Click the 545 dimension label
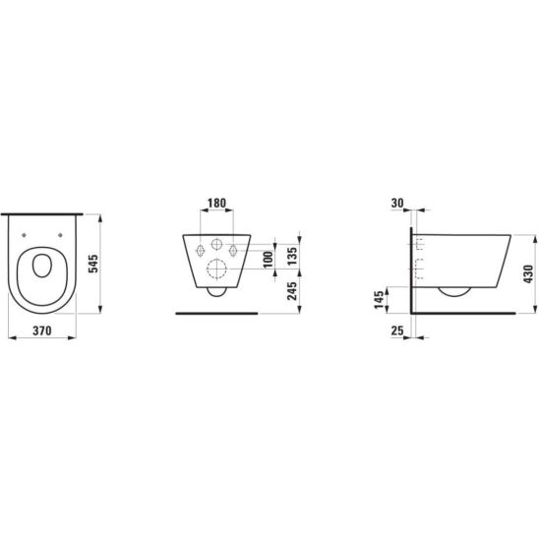(x=93, y=264)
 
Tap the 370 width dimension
(x=42, y=330)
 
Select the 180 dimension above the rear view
(x=217, y=203)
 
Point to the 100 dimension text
(x=269, y=260)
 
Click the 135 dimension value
(x=292, y=256)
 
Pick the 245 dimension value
(x=292, y=291)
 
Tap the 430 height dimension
(x=528, y=274)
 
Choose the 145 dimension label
(x=379, y=300)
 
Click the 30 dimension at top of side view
(x=397, y=203)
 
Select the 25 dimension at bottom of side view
(x=397, y=330)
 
